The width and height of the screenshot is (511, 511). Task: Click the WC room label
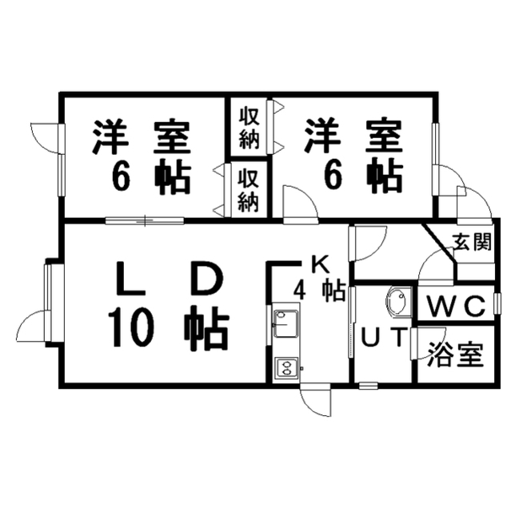[456, 307]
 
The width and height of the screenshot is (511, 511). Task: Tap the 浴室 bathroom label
[455, 355]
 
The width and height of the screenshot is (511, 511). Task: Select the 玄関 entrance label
[472, 242]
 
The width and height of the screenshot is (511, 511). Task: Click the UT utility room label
[385, 337]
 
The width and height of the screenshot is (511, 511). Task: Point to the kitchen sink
[285, 323]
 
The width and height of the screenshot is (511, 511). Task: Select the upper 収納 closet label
[250, 128]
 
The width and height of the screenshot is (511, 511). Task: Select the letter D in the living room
[208, 277]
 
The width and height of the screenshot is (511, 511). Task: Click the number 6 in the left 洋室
[121, 177]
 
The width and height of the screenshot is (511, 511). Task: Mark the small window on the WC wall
[497, 303]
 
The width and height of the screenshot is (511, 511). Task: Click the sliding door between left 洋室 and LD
[145, 220]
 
